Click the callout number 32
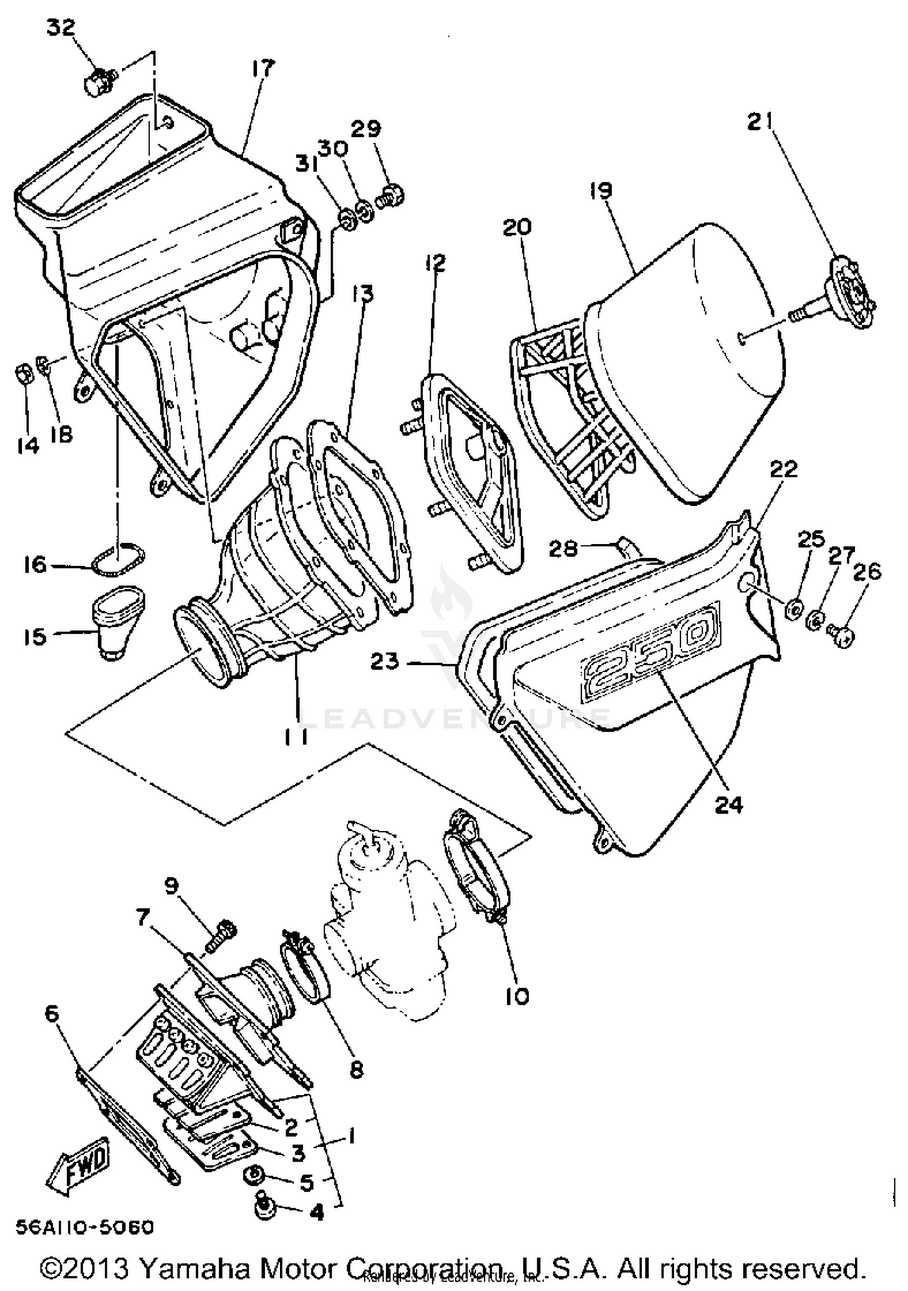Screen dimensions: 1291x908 click(61, 28)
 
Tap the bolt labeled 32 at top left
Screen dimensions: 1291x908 click(97, 82)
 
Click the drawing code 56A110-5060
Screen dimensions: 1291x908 click(85, 1227)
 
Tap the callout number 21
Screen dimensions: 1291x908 click(760, 122)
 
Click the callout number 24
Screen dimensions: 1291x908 click(728, 804)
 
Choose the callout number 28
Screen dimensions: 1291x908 click(563, 549)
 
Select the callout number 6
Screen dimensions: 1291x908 click(53, 1012)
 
